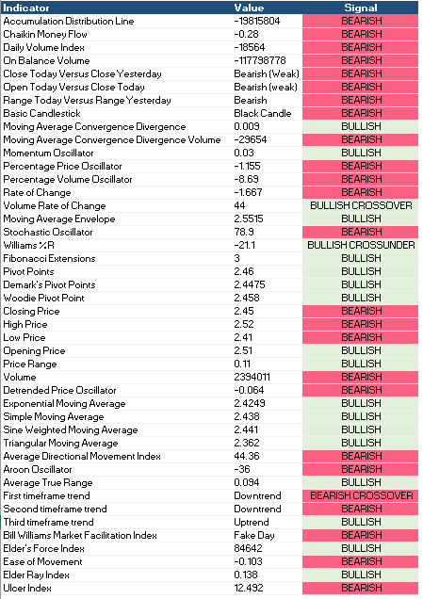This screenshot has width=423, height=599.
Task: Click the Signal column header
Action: (360, 8)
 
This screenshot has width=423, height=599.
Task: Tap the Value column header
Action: (249, 8)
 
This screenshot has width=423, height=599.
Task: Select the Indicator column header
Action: (26, 8)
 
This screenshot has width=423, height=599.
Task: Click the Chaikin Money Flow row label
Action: (45, 34)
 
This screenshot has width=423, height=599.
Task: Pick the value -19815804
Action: (257, 21)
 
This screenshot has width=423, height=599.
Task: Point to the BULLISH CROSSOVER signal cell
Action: (361, 205)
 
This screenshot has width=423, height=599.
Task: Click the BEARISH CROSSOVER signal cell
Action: (361, 495)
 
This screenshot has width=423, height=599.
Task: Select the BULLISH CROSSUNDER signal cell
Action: (361, 245)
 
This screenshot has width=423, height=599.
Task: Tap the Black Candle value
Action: (263, 113)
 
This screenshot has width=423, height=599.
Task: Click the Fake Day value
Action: (254, 535)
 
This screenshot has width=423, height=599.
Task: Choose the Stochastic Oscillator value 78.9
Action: (244, 232)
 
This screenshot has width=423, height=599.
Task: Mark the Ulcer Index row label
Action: (27, 588)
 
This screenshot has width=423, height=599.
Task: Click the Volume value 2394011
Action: (252, 377)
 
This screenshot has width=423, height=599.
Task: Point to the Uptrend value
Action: (252, 522)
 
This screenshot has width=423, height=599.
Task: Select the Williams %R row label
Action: (28, 245)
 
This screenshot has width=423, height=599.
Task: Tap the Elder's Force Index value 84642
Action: (248, 548)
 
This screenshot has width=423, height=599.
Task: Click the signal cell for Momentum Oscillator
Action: (361, 153)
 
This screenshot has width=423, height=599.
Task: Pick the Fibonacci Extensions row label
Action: (49, 258)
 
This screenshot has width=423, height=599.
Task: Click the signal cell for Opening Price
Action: (361, 350)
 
